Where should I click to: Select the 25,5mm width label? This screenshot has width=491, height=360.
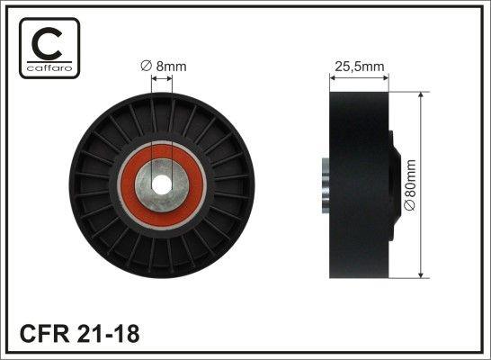(x=359, y=66)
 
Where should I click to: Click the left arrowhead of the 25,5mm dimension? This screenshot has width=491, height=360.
(x=332, y=78)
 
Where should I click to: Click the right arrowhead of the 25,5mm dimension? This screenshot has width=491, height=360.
(x=388, y=78)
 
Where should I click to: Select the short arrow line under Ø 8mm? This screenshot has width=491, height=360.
(x=163, y=78)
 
